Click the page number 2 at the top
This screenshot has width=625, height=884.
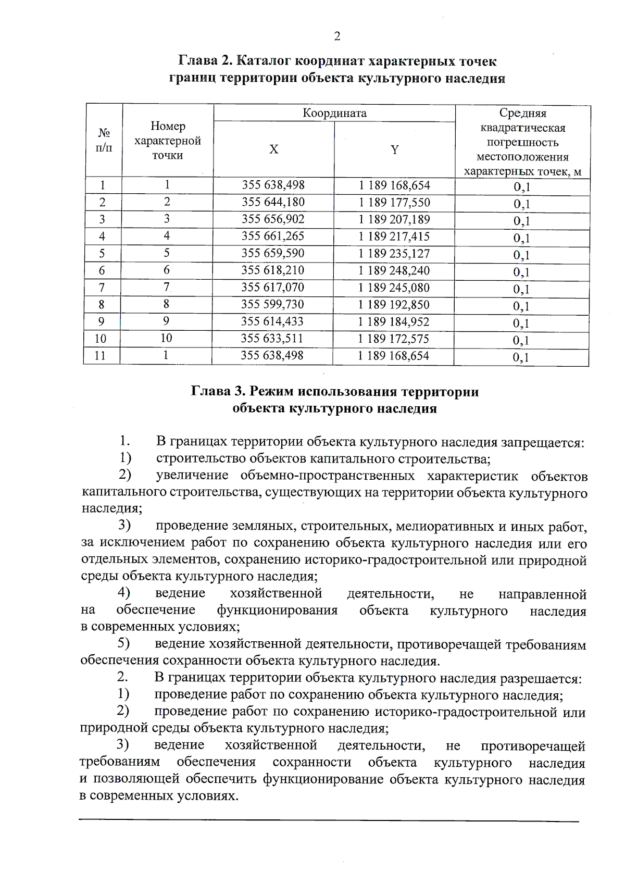pyautogui.click(x=337, y=36)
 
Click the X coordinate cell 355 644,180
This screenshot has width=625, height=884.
pyautogui.click(x=273, y=202)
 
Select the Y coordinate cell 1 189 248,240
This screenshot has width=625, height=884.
pyautogui.click(x=394, y=270)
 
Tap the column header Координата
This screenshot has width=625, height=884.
pyautogui.click(x=335, y=113)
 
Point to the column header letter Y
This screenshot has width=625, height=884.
pyautogui.click(x=395, y=150)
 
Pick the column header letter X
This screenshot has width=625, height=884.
pyautogui.click(x=273, y=150)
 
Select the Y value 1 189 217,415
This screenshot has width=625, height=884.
pyautogui.click(x=394, y=236)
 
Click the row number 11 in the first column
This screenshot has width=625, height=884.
pyautogui.click(x=100, y=356)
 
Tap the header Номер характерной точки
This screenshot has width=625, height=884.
pyautogui.click(x=168, y=141)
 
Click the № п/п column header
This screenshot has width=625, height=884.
pyautogui.click(x=104, y=141)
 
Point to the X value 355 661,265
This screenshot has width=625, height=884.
pyautogui.click(x=273, y=236)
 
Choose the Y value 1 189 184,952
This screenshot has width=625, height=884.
pyautogui.click(x=394, y=322)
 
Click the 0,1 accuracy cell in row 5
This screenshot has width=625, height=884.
pyautogui.click(x=521, y=255)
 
